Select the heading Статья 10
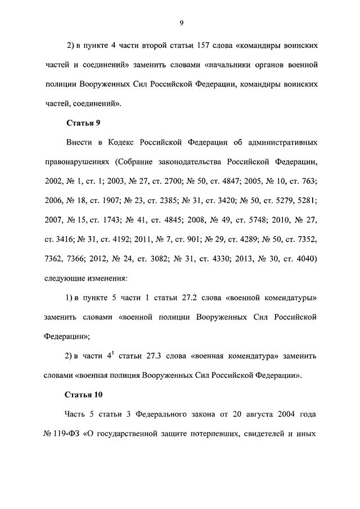point(85,394)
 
